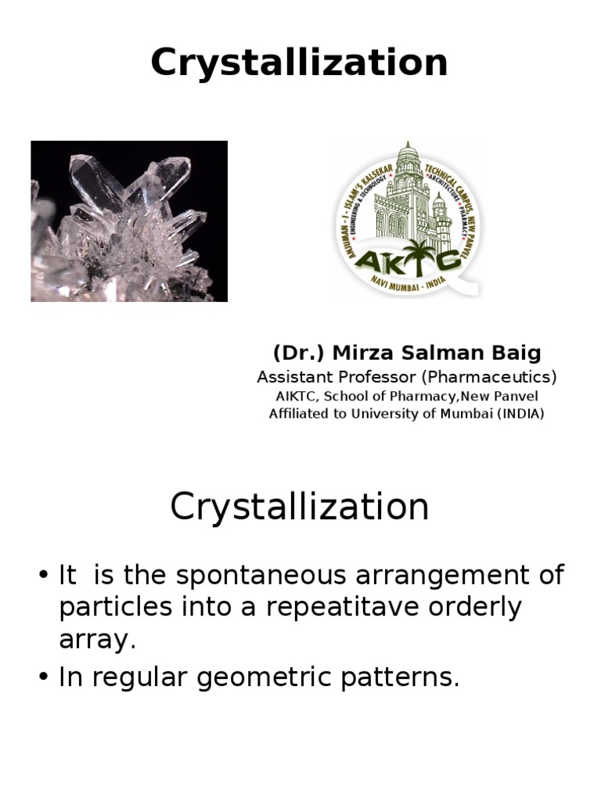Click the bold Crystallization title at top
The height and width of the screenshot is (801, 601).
[x=300, y=63]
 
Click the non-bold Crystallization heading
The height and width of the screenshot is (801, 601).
[x=300, y=507]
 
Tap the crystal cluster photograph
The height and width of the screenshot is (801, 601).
[x=129, y=221]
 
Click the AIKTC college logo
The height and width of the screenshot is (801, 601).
[x=408, y=219]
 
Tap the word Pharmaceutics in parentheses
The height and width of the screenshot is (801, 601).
[x=490, y=377]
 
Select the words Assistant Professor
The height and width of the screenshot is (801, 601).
[x=337, y=377]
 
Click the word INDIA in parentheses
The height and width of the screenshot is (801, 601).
[x=522, y=414]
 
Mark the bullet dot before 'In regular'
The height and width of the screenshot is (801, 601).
[x=44, y=678]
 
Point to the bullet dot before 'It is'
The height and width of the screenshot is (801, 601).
[x=44, y=577]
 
